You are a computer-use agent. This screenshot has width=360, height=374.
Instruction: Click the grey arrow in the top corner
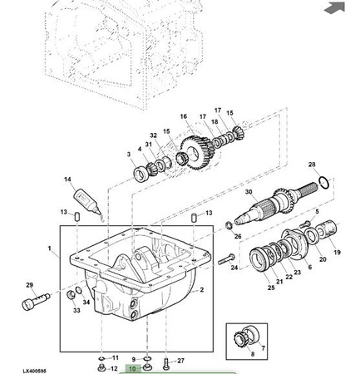click(x=334, y=7)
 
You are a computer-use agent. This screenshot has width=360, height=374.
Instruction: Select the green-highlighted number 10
click(x=133, y=369)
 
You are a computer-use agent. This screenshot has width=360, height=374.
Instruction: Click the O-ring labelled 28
click(x=323, y=182)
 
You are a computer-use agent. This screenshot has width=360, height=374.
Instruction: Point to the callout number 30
click(x=249, y=192)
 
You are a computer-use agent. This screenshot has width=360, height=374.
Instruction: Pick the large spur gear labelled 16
click(x=198, y=152)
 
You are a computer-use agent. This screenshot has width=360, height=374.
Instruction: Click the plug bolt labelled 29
click(x=36, y=302)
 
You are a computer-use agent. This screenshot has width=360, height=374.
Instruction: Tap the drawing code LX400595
click(x=34, y=371)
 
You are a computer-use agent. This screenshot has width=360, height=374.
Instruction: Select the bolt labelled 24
click(x=226, y=259)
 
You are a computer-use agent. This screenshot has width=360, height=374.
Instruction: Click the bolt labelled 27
click(x=166, y=363)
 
